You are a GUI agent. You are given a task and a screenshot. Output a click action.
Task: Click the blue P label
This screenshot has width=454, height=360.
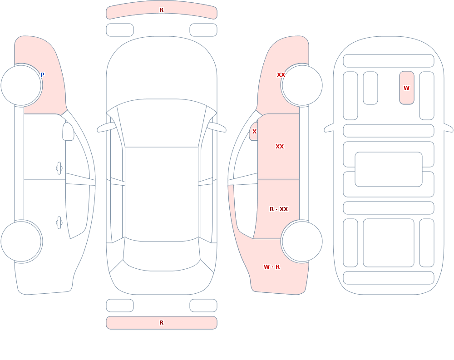[x=42, y=75]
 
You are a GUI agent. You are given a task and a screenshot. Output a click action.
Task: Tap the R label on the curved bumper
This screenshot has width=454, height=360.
[x=162, y=10]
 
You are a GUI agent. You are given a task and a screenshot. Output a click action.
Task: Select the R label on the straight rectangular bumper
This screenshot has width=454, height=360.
[x=162, y=323]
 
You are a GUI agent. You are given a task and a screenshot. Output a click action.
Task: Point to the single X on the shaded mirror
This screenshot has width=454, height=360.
[x=255, y=132]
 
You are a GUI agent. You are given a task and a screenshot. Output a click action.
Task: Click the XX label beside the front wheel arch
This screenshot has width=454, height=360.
[x=281, y=75]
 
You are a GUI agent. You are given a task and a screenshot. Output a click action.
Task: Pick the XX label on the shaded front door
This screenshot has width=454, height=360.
[x=280, y=147]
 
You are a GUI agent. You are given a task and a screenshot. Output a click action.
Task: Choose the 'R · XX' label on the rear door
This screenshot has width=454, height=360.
[x=279, y=209]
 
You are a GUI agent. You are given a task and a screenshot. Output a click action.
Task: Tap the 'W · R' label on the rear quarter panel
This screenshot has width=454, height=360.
[x=272, y=267]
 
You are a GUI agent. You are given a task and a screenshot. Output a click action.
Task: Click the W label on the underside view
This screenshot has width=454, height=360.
[x=406, y=88]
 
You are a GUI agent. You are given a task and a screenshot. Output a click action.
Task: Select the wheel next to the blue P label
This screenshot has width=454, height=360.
[x=21, y=85]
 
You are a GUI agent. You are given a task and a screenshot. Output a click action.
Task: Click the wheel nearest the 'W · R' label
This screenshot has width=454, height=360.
[x=302, y=242]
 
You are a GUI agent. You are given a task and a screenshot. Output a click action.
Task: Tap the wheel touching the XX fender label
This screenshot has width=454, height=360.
[x=302, y=85]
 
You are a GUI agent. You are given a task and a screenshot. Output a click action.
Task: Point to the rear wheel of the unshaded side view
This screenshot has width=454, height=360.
[x=21, y=242]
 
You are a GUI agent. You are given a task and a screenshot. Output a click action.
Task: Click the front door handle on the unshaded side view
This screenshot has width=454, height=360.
[x=59, y=168]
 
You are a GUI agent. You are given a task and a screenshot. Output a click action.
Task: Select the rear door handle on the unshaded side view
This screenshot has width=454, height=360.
[x=59, y=223]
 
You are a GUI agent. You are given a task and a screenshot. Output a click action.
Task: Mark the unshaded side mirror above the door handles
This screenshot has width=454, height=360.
[x=69, y=132]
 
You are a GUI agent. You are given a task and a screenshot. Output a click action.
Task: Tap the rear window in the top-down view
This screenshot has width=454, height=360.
[x=162, y=254]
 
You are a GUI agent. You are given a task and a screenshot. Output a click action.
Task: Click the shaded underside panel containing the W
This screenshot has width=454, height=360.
[x=406, y=88]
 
